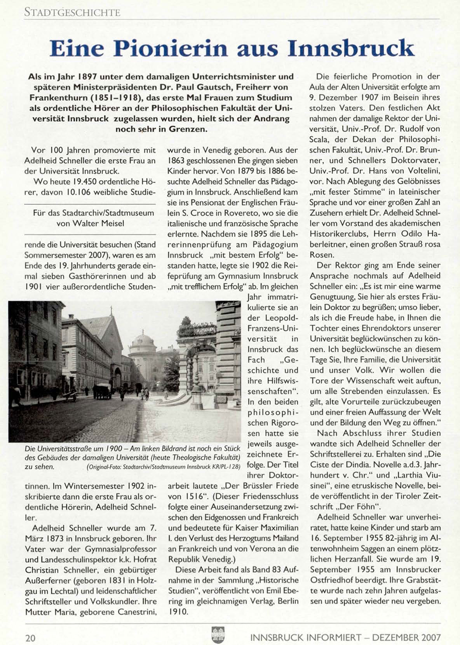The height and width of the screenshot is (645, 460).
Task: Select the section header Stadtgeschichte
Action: pyautogui.click(x=72, y=12)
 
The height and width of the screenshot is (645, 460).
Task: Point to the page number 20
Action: pyautogui.click(x=30, y=638)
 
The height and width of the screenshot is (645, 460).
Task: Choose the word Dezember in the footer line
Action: pyautogui.click(x=395, y=638)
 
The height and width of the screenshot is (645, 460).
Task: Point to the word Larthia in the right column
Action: pyautogui.click(x=406, y=475)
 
